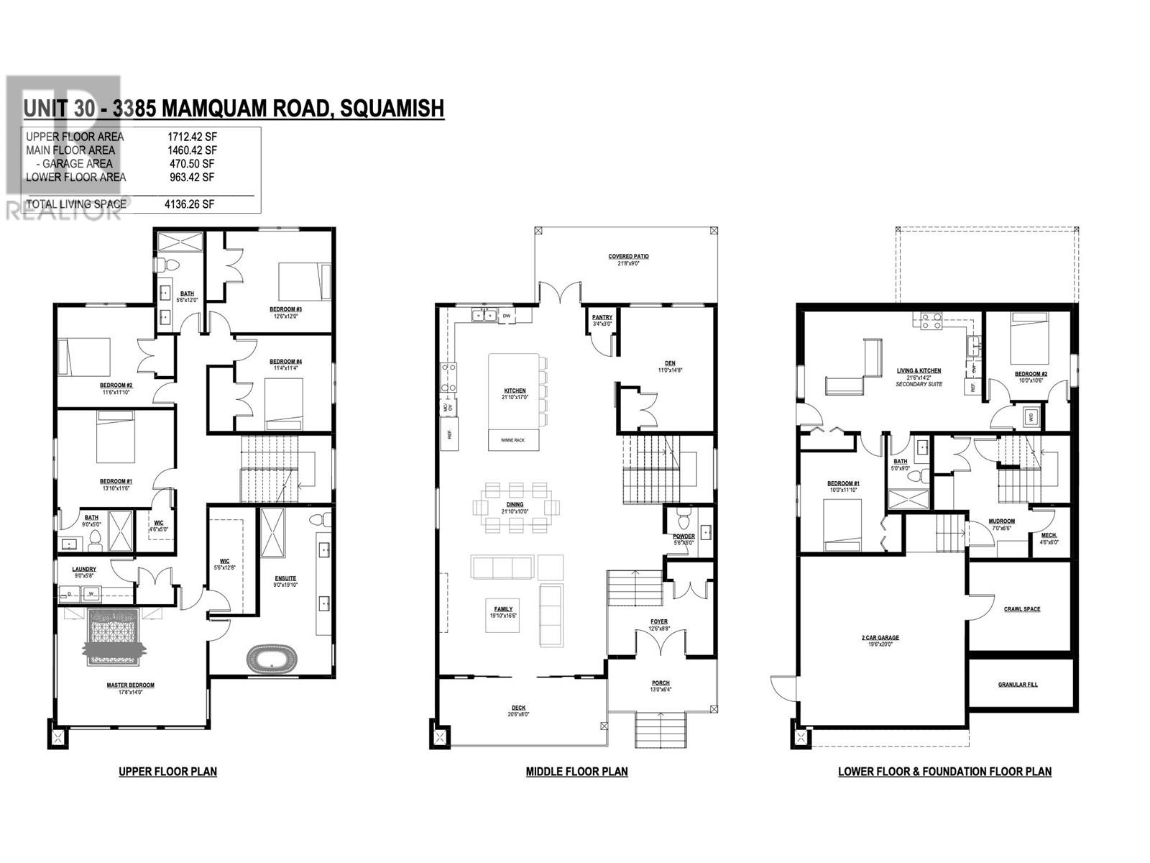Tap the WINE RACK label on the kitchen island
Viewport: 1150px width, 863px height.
[513, 441]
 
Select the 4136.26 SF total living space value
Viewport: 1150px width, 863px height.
[190, 204]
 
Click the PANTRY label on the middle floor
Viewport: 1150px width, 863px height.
[602, 317]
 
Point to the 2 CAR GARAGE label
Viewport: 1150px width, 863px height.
[880, 637]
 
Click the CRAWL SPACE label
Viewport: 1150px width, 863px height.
[1021, 609]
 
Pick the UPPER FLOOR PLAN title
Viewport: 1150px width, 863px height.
[167, 772]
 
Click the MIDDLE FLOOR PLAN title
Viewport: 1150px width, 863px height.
[576, 772]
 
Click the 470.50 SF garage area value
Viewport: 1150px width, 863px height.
[190, 164]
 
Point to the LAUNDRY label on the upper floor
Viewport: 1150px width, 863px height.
[84, 569]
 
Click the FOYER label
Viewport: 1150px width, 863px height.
[659, 621]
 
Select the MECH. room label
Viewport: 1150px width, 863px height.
[1049, 535]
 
